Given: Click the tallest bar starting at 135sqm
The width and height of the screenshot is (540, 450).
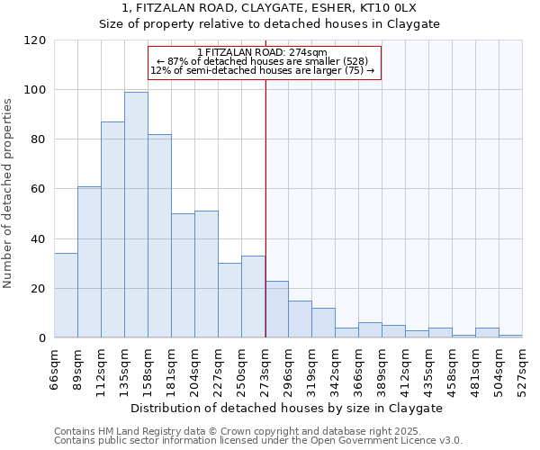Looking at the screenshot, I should pyautogui.click(x=136, y=215).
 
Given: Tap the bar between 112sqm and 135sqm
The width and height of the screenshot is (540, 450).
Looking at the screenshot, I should pyautogui.click(x=112, y=229).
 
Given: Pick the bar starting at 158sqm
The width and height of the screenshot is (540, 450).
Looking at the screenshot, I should pyautogui.click(x=159, y=236).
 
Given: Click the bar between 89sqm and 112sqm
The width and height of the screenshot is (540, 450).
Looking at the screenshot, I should pyautogui.click(x=89, y=262).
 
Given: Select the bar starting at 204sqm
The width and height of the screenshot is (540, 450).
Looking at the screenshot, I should pyautogui.click(x=206, y=274).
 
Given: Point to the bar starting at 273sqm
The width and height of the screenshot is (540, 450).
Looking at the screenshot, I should pyautogui.click(x=277, y=310).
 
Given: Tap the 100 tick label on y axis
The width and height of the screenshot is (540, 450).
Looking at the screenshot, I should pyautogui.click(x=34, y=90).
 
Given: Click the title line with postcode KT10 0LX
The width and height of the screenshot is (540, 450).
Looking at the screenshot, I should pyautogui.click(x=269, y=8).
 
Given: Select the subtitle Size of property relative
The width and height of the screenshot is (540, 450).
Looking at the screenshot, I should pyautogui.click(x=269, y=24).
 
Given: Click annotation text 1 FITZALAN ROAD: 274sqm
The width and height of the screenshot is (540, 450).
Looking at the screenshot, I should pyautogui.click(x=265, y=52).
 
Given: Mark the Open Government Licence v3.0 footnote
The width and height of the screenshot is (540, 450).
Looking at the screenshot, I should pyautogui.click(x=258, y=441).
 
